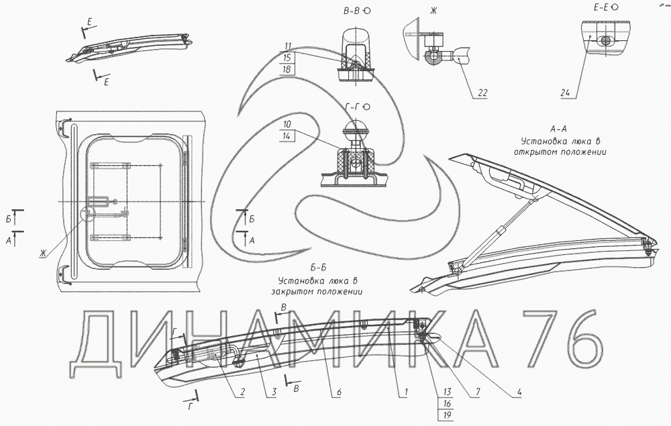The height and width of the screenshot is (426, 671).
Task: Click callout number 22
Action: coord(482,93)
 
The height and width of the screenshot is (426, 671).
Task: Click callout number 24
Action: coord(565,93)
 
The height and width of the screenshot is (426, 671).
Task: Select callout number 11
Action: coord(287,46)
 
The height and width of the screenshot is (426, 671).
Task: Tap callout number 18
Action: coord(287,69)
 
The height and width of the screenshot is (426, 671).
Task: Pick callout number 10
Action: coord(287,124)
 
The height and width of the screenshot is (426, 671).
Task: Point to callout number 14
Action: coord(287,136)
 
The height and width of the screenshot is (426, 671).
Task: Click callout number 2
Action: coord(242,392)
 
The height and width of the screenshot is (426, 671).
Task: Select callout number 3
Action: coord(274,392)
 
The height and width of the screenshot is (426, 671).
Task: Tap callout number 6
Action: coord(339,392)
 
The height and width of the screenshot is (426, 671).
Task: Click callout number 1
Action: coord(406,392)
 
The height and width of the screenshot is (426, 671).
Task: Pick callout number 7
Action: coord(478,392)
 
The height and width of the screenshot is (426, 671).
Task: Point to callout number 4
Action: coord(519,392)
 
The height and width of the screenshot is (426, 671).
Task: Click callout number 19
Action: coord(448,415)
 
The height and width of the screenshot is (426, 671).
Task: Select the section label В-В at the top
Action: coord(352,11)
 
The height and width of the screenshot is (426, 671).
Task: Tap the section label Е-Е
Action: coord(601,7)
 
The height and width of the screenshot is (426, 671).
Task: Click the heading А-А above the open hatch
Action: coord(559,129)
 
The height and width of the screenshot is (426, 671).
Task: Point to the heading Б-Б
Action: coord(318,268)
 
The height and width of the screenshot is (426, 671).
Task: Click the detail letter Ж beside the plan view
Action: coord(43,254)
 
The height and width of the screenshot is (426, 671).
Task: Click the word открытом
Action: coord(535,152)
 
